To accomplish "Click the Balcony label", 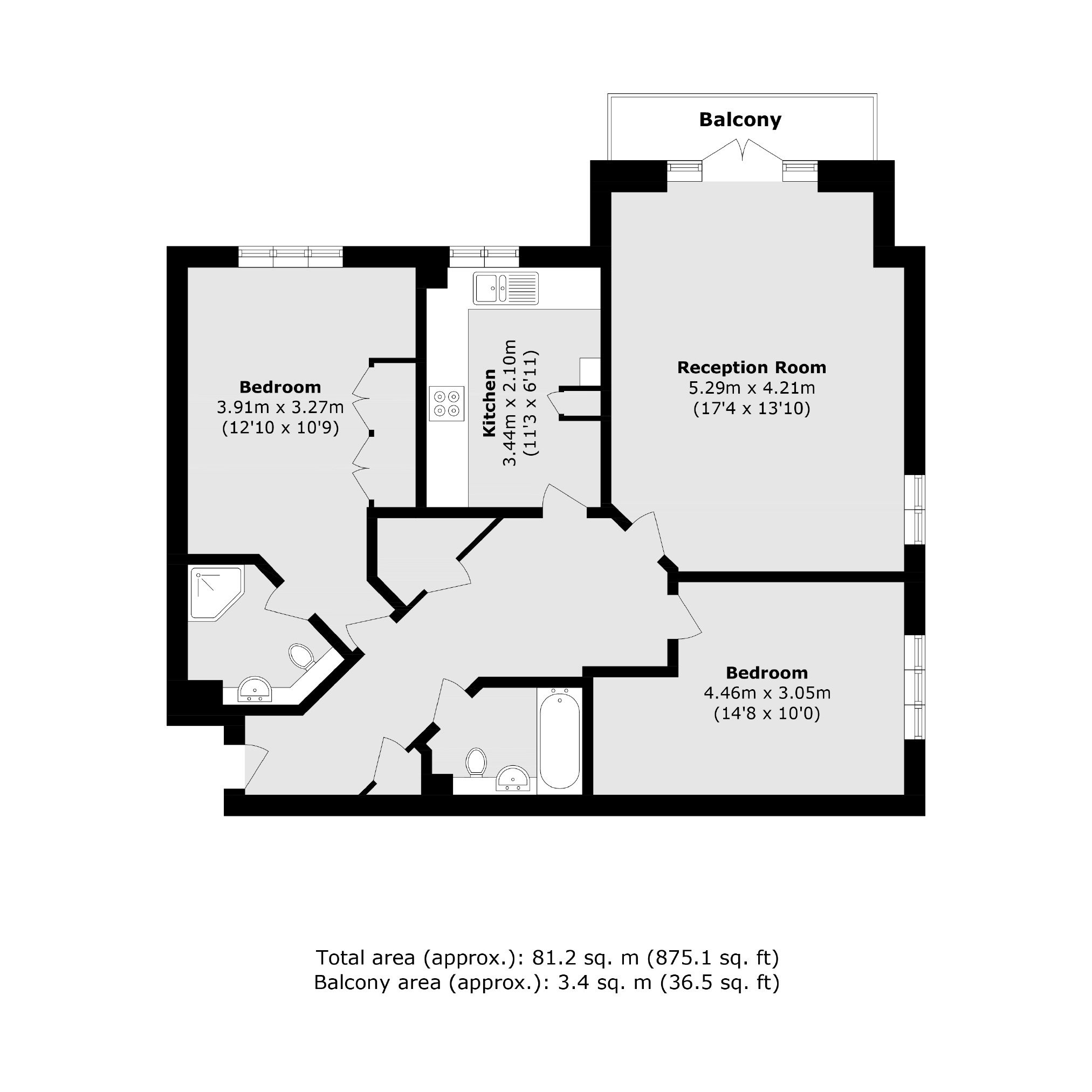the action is (740, 120).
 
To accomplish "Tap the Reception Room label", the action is (752, 367).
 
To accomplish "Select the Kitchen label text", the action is (490, 402).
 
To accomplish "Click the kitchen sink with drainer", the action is (506, 289).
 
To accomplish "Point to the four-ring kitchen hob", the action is (447, 403).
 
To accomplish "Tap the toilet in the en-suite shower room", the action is (302, 656).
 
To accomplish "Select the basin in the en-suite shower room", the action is (255, 690).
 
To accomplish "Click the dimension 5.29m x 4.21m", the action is (752, 388).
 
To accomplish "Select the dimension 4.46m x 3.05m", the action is (767, 692).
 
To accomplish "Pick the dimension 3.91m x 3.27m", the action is (280, 407).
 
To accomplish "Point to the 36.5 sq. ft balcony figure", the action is (719, 983).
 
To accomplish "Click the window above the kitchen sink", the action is (484, 257).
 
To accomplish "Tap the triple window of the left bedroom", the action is (291, 257).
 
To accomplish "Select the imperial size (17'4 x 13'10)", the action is (752, 408).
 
